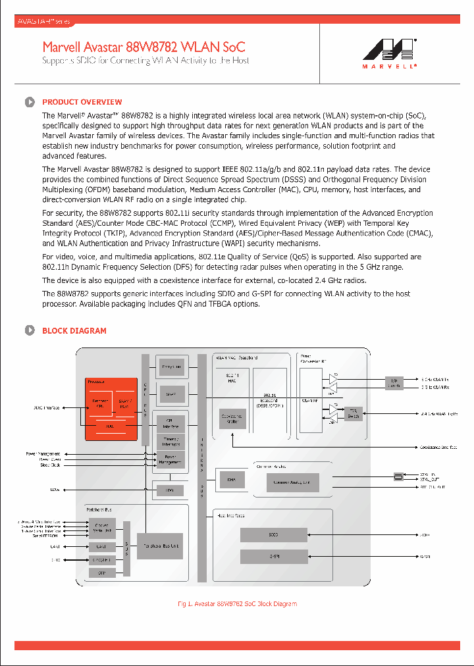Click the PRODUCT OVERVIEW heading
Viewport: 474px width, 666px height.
(82, 102)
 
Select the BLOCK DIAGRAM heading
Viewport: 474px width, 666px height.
(74, 330)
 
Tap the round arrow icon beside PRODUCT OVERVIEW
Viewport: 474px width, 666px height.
(30, 102)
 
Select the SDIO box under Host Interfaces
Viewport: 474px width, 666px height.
(273, 535)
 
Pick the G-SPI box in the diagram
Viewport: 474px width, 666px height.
(273, 557)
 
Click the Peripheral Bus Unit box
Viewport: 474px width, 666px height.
(160, 546)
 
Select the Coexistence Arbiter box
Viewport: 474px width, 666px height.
(232, 419)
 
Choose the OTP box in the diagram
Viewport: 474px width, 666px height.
(101, 573)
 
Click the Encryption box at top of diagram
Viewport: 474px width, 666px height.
(171, 367)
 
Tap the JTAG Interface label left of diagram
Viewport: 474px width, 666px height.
(46, 408)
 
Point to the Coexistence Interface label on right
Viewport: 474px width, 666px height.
(438, 448)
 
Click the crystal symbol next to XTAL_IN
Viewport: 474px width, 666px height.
(398, 476)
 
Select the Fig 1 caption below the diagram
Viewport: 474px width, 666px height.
(237, 603)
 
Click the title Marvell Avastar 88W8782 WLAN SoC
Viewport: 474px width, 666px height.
(144, 47)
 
